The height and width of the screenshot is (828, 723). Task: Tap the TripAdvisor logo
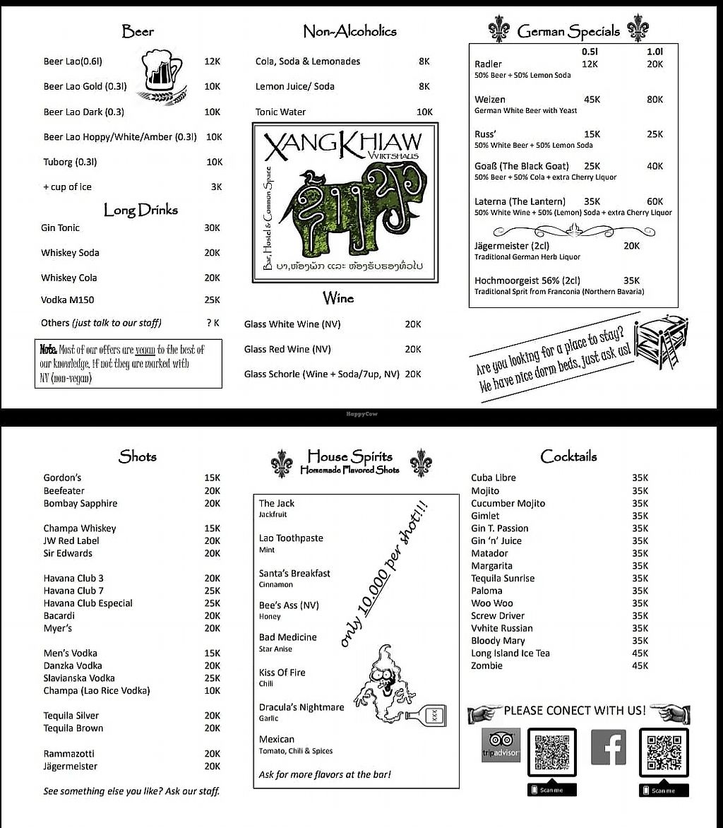pyautogui.click(x=501, y=746)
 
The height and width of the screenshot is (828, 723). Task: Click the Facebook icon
pyautogui.click(x=608, y=747)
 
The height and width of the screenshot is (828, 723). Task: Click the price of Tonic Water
pyautogui.click(x=424, y=112)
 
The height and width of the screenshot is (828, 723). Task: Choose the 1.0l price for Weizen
pyautogui.click(x=655, y=100)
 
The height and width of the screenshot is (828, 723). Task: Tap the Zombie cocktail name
pyautogui.click(x=487, y=666)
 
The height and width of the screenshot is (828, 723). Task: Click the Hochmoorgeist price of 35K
pyautogui.click(x=631, y=280)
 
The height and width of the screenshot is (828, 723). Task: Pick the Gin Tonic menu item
pyautogui.click(x=61, y=227)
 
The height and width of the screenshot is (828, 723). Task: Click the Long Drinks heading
pyautogui.click(x=141, y=210)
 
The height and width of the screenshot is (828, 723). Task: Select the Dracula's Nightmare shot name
pyautogui.click(x=301, y=707)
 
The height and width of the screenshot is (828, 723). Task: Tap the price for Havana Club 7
pyautogui.click(x=212, y=591)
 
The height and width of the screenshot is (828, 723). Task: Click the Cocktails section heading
pyautogui.click(x=568, y=456)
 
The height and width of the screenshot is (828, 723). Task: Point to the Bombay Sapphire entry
pyautogui.click(x=80, y=503)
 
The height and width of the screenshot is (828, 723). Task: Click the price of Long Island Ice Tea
pyautogui.click(x=640, y=653)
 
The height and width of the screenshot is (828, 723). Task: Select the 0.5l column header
pyautogui.click(x=590, y=52)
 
